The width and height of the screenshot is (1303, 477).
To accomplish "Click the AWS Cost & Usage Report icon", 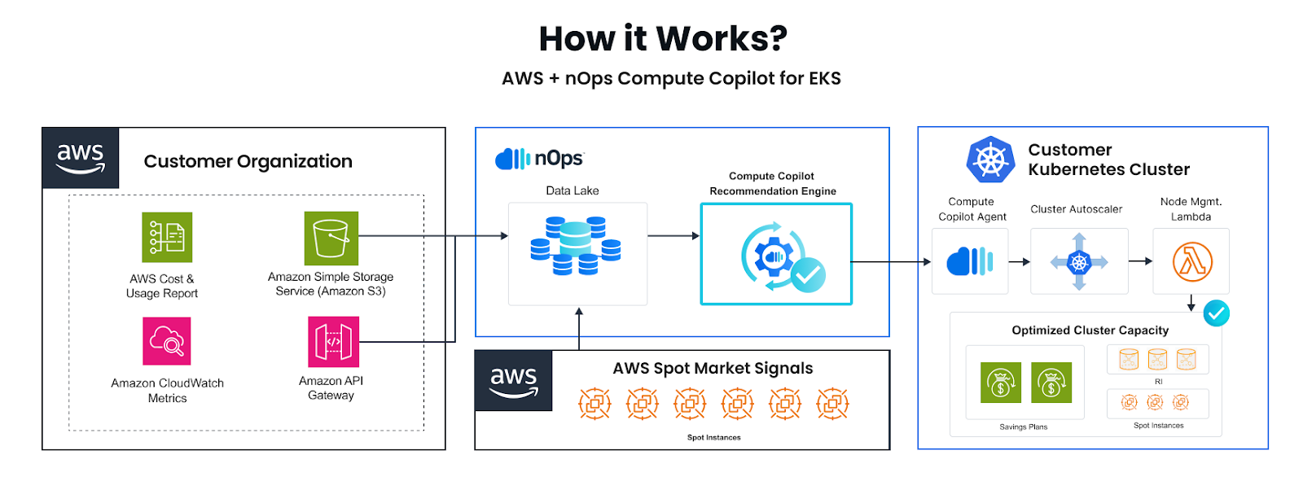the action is [167, 238].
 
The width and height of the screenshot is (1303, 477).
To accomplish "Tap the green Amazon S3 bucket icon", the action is [331, 238].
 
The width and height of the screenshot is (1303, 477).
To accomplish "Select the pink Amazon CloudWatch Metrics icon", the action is [167, 341].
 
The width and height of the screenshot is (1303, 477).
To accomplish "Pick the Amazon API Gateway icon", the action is [333, 341].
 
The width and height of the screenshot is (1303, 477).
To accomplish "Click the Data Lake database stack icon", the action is [575, 245].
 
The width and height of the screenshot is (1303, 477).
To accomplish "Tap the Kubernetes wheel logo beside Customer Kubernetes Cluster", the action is [990, 160].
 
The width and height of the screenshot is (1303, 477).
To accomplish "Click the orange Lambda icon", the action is [1192, 262].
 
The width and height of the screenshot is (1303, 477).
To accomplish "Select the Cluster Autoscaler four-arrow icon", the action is [1079, 262].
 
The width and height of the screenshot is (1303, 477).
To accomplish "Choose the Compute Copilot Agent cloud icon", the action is [970, 261].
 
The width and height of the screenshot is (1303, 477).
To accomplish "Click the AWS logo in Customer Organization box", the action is [81, 158].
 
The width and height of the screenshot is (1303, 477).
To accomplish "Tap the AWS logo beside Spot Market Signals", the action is [514, 381].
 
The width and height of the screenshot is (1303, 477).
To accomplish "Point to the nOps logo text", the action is [559, 158].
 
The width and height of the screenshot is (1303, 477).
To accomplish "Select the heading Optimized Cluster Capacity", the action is [1090, 330].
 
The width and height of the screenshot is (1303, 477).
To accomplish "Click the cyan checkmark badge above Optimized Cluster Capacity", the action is [1217, 313].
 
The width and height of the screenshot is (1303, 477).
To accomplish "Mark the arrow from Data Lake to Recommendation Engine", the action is [673, 235].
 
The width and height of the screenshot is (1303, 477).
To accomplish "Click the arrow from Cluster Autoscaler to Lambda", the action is [1141, 261].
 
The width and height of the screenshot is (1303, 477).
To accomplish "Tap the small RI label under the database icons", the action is [1159, 382].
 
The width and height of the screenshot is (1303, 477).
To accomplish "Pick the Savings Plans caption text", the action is [1023, 427].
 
